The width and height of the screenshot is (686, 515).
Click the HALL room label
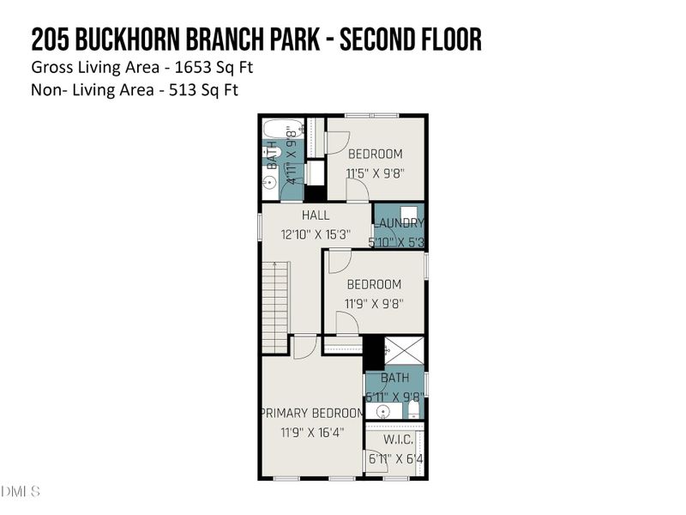[315, 215]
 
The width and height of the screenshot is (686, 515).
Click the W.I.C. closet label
[398, 439]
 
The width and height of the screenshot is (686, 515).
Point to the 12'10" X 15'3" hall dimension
[312, 233]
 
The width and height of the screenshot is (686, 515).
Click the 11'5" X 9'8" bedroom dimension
[374, 173]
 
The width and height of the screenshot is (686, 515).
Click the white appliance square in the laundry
[410, 214]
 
